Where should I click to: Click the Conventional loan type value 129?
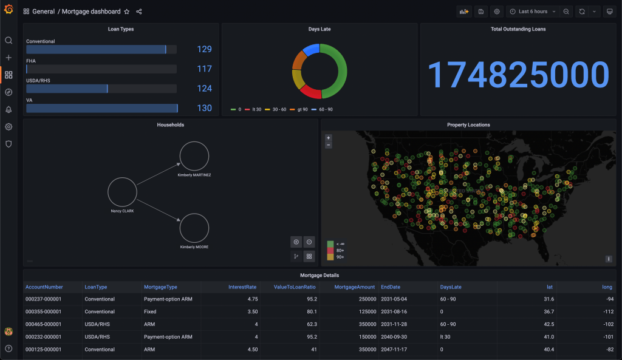(204, 50)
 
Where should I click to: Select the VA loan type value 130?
(204, 108)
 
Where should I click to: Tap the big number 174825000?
(518, 75)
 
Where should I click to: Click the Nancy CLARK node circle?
(123, 192)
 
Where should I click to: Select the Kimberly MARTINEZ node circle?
(194, 156)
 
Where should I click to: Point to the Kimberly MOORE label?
(194, 247)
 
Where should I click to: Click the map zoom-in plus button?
(329, 138)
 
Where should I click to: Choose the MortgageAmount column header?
(355, 287)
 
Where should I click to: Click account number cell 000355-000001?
(43, 311)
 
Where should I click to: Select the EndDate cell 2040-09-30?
(394, 337)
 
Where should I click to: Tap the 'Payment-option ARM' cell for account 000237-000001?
(168, 299)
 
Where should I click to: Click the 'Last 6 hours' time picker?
(532, 12)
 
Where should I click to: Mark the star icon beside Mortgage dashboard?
(126, 12)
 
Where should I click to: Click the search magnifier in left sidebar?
(9, 41)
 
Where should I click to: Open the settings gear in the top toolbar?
(497, 12)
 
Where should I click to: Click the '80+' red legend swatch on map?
(330, 250)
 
